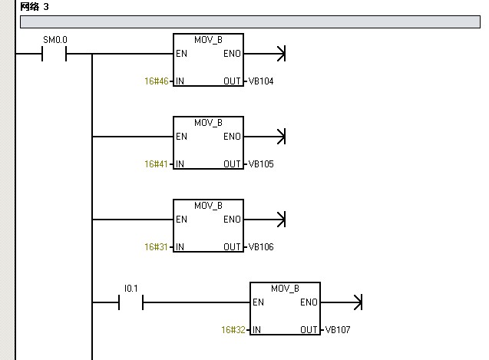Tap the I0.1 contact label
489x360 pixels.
tap(131, 289)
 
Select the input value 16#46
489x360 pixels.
tap(156, 81)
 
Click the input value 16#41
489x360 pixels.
tap(156, 164)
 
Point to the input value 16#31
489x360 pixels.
tap(156, 247)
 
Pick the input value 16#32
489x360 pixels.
tap(233, 330)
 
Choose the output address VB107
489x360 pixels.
tap(339, 330)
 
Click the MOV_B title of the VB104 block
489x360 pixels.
tap(208, 39)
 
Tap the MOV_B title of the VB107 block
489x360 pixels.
tap(285, 288)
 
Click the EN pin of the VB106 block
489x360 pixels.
tap(181, 220)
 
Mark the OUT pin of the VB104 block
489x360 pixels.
tap(232, 81)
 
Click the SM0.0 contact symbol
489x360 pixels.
tap(55, 54)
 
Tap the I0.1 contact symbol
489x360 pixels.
tap(131, 302)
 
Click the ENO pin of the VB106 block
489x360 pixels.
tap(232, 220)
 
